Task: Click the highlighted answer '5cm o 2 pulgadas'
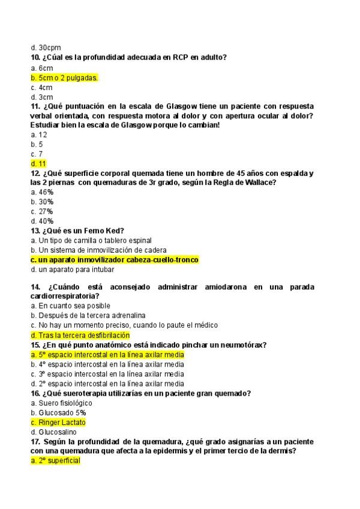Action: pos(64,77)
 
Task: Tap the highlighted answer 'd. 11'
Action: pos(38,163)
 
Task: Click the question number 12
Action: pos(35,173)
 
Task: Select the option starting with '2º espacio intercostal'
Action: pos(107,384)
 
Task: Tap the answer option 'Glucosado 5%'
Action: pos(58,413)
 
